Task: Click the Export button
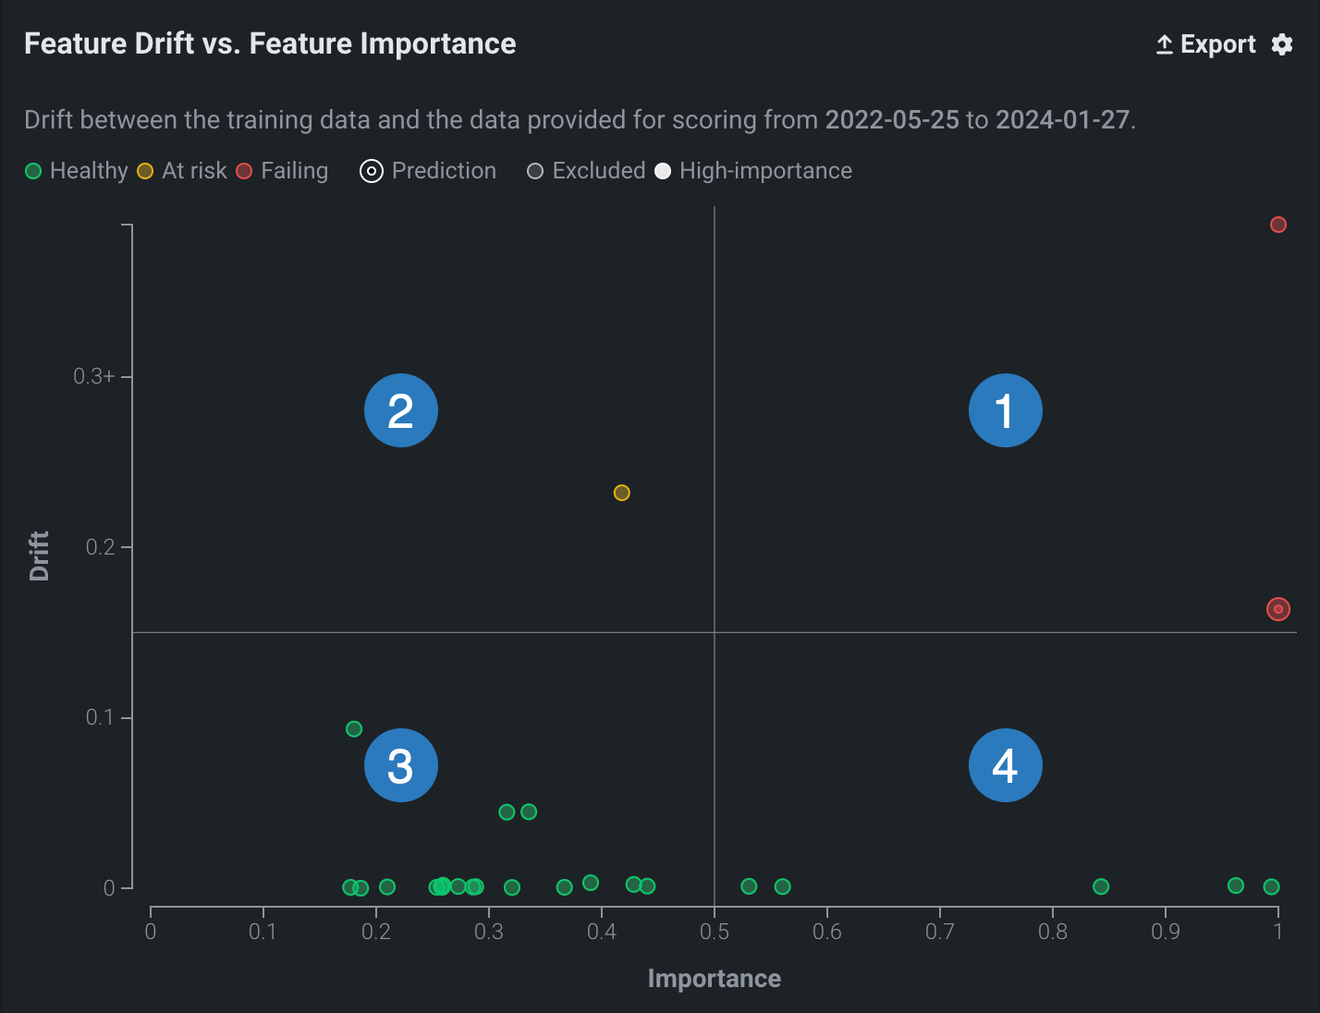pyautogui.click(x=1206, y=44)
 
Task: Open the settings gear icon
pyautogui.click(x=1282, y=44)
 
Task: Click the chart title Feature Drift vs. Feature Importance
pyautogui.click(x=270, y=43)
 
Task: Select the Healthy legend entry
pyautogui.click(x=77, y=171)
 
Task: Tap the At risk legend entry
pyautogui.click(x=182, y=171)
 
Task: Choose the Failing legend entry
pyautogui.click(x=282, y=171)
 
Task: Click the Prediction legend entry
pyautogui.click(x=428, y=171)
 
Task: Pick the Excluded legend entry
pyautogui.click(x=586, y=171)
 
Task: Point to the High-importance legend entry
pyautogui.click(x=753, y=171)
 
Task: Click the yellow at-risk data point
pyautogui.click(x=622, y=493)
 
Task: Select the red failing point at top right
pyautogui.click(x=1278, y=225)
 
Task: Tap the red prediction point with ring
pyautogui.click(x=1278, y=609)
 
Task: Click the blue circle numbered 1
pyautogui.click(x=1006, y=410)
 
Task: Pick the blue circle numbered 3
pyautogui.click(x=401, y=765)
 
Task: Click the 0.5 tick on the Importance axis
pyautogui.click(x=715, y=932)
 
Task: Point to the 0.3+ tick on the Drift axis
pyautogui.click(x=94, y=376)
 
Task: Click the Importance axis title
pyautogui.click(x=715, y=979)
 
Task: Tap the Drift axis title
pyautogui.click(x=39, y=555)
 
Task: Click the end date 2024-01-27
pyautogui.click(x=1062, y=120)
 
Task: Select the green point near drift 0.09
pyautogui.click(x=354, y=729)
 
